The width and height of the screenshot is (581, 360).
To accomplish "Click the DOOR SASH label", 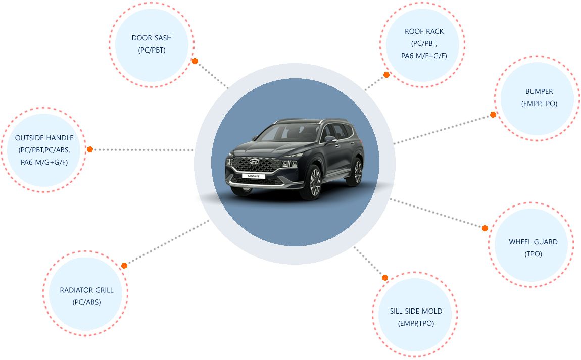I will coord(152,38).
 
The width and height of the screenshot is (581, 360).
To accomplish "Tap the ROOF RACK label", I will coord(424,31).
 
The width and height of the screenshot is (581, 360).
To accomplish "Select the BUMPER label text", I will coord(539,91).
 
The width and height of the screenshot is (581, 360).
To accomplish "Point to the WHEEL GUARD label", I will coord(533,242).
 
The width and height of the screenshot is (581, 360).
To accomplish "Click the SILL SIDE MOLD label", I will coord(416,311).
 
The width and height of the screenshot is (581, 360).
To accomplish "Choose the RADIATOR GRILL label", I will coord(86,290).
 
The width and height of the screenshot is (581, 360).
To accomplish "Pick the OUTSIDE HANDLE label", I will coord(44,138).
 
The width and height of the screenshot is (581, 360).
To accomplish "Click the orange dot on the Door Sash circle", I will coord(195,61).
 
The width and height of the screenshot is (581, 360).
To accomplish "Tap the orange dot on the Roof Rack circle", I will coord(386,75).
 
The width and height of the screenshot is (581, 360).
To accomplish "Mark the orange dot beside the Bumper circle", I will coord(493,115).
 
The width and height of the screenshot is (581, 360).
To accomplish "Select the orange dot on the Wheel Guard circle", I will coord(485,228).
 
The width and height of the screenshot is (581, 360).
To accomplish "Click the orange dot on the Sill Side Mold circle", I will coord(385,278).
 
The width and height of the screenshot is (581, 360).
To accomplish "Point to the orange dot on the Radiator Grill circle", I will coord(124,265).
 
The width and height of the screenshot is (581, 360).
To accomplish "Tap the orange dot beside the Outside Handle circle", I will coord(90,149).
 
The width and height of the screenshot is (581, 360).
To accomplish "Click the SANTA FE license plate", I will coord(252,176).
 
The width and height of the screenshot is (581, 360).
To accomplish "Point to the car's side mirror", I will coord(329,138).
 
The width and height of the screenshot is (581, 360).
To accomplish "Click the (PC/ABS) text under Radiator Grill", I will coord(86,302).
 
